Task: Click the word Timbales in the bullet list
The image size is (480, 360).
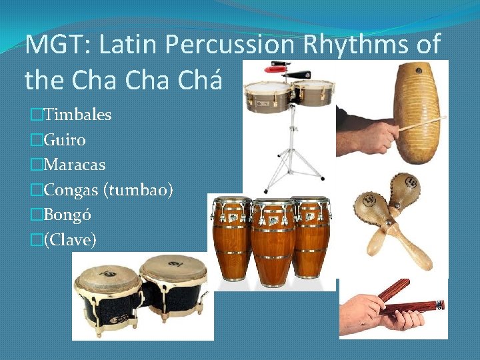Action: (77, 115)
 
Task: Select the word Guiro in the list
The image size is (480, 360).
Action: (65, 139)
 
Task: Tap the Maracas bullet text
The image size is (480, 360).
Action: (74, 164)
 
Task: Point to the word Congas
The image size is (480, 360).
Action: (71, 190)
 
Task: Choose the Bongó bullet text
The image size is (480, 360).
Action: (67, 215)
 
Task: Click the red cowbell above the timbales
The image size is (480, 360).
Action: (276, 67)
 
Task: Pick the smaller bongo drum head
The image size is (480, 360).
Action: (104, 274)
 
